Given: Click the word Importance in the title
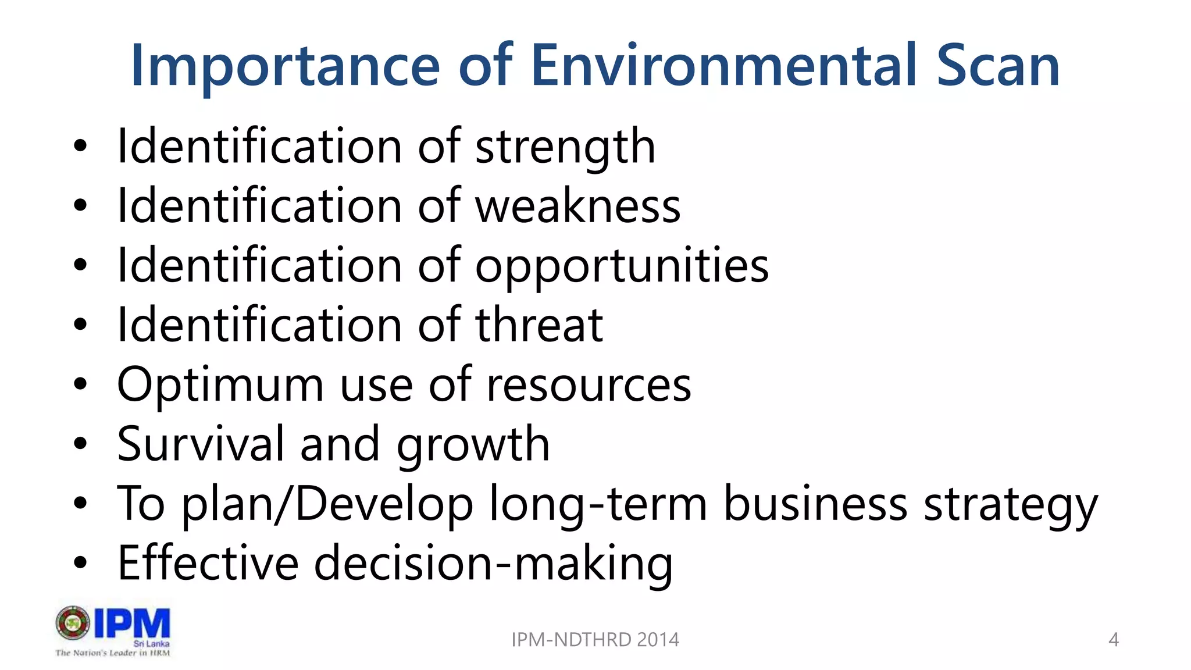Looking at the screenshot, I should tap(285, 67).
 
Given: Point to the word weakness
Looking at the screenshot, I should tap(578, 206).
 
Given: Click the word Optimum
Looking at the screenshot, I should tap(220, 385).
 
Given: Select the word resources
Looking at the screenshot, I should tap(589, 385).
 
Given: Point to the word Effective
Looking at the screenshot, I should tap(208, 563).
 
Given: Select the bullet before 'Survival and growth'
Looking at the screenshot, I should tap(80, 444).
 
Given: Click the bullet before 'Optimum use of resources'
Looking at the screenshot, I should tap(80, 384).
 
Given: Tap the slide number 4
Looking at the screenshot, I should tap(1113, 640).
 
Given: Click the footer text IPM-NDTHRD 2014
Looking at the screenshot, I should tap(595, 640).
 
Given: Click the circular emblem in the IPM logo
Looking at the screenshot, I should tap(73, 623).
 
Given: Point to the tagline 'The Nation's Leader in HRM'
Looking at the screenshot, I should tap(113, 653).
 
